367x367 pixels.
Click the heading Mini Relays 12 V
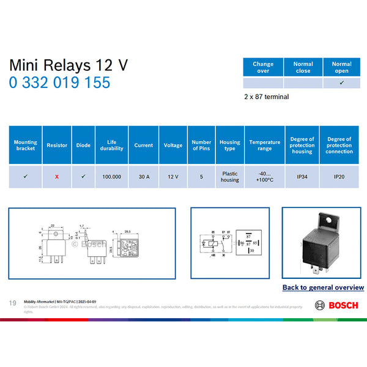(x=69, y=65)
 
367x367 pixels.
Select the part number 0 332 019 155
(x=60, y=82)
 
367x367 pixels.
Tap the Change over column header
(x=263, y=67)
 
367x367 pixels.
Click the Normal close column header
(x=303, y=67)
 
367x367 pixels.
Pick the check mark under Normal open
(x=341, y=83)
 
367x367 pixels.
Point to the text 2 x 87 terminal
(x=266, y=97)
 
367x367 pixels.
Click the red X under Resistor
(x=57, y=176)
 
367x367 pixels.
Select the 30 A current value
(x=144, y=176)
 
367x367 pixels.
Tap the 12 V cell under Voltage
(x=173, y=176)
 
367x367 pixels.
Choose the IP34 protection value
(x=302, y=176)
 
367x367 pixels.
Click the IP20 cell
(x=339, y=176)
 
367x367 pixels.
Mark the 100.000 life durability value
(x=111, y=176)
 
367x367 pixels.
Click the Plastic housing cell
(x=230, y=176)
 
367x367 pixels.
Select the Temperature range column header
(x=265, y=145)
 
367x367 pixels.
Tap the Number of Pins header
(x=201, y=145)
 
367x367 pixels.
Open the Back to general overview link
(x=323, y=287)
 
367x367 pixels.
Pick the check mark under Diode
(x=83, y=176)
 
